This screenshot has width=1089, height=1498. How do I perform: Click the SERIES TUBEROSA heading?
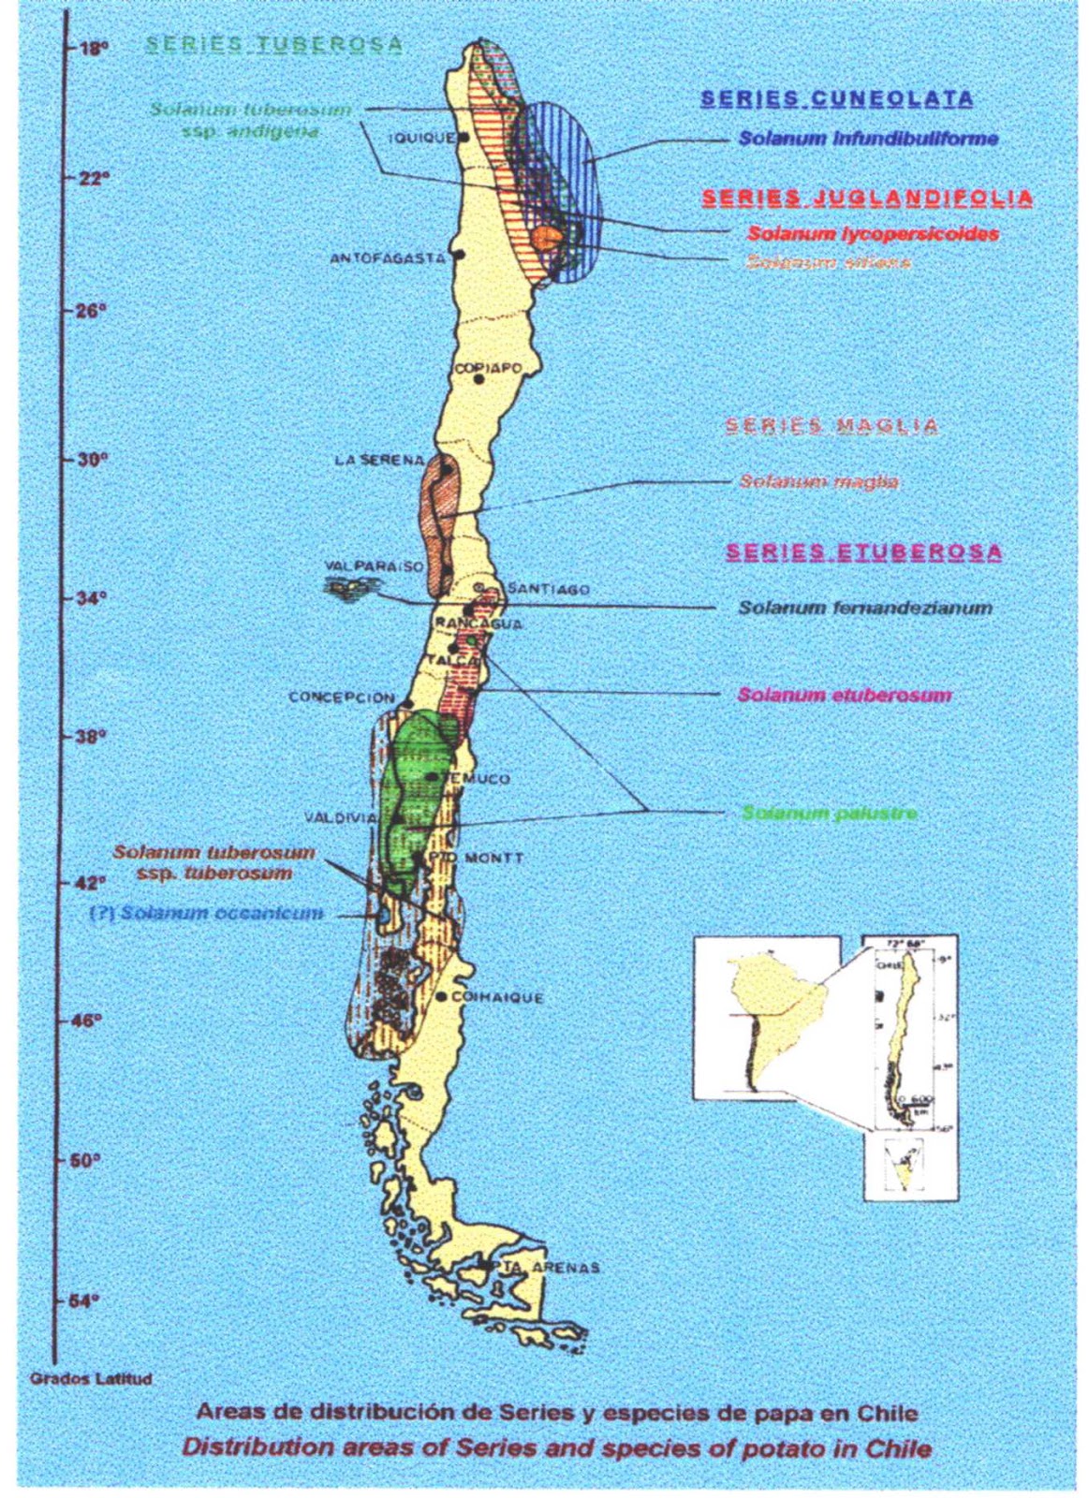point(275,44)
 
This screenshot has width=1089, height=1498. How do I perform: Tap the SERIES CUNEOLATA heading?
point(837,97)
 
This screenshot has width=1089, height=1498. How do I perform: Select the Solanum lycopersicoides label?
point(873,234)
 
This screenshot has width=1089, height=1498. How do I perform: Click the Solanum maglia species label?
point(818,482)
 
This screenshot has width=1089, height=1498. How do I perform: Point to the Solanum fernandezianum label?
point(864,608)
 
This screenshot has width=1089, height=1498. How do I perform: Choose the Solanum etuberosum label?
point(845,695)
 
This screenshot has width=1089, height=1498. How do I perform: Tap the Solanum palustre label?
point(830,813)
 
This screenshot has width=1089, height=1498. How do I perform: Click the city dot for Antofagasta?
point(459,254)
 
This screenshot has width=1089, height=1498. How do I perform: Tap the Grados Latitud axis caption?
point(91,1379)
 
